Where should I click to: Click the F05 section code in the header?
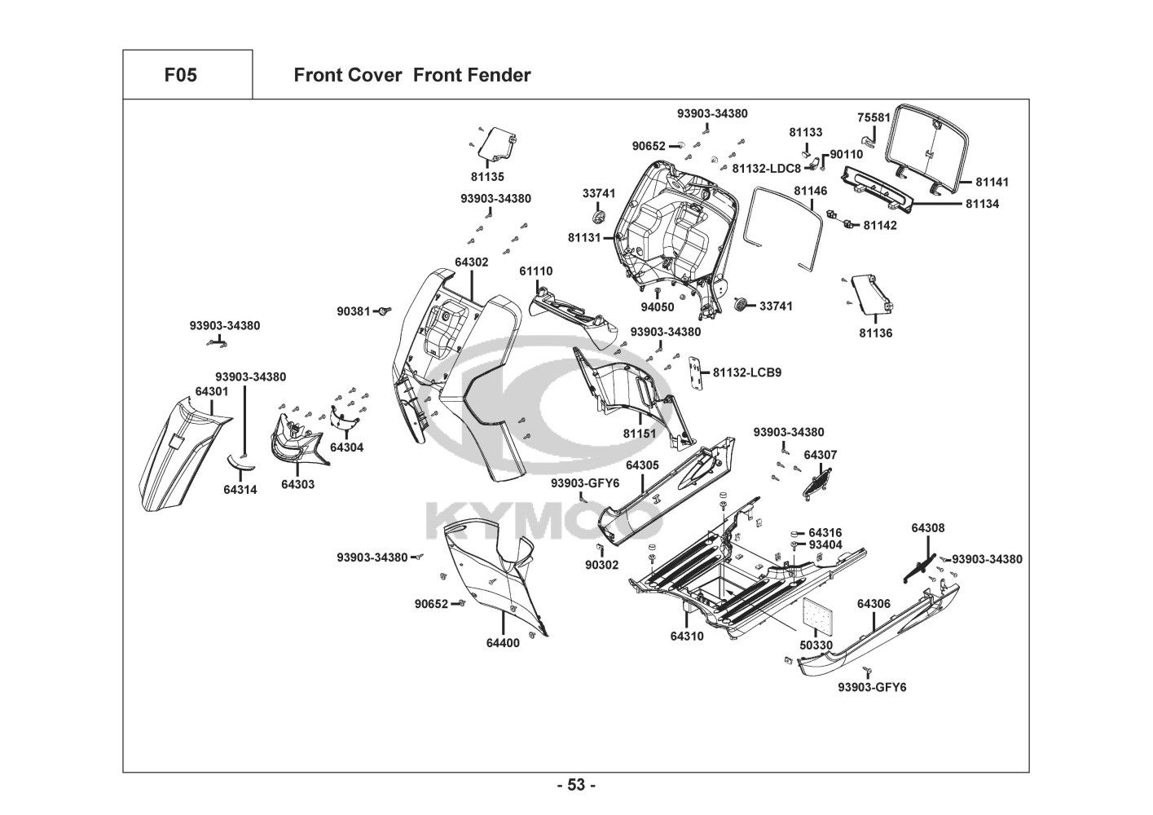click(180, 76)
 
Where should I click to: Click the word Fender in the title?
click(499, 76)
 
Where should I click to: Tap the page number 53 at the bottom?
click(576, 786)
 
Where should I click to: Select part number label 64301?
click(212, 392)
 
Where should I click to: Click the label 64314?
click(240, 490)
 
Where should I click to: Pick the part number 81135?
click(487, 177)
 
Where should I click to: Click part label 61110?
click(536, 271)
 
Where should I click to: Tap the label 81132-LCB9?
click(747, 372)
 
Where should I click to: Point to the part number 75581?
click(874, 117)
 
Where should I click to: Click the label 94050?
click(657, 307)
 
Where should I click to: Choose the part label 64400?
click(503, 642)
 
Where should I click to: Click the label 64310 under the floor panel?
click(687, 636)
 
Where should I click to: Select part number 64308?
click(928, 528)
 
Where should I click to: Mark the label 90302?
click(602, 565)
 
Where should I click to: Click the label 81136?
click(875, 333)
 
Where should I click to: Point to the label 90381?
click(354, 311)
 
